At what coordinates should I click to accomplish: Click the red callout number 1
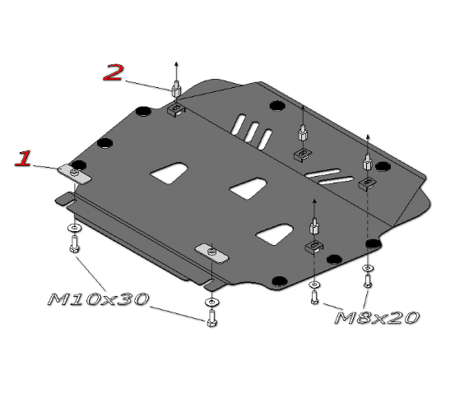tap(23, 159)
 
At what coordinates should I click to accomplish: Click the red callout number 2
tap(114, 72)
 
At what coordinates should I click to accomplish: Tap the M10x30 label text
tap(98, 299)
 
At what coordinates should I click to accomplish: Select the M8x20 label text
tap(377, 317)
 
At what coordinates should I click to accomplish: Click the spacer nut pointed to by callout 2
tap(176, 89)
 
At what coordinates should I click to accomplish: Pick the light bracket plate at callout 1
tap(74, 174)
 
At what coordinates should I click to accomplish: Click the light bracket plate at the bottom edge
tap(211, 253)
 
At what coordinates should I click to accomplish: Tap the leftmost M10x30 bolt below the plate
tap(75, 244)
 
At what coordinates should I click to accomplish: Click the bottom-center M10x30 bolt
tap(211, 318)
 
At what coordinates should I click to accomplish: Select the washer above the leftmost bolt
tap(75, 228)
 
